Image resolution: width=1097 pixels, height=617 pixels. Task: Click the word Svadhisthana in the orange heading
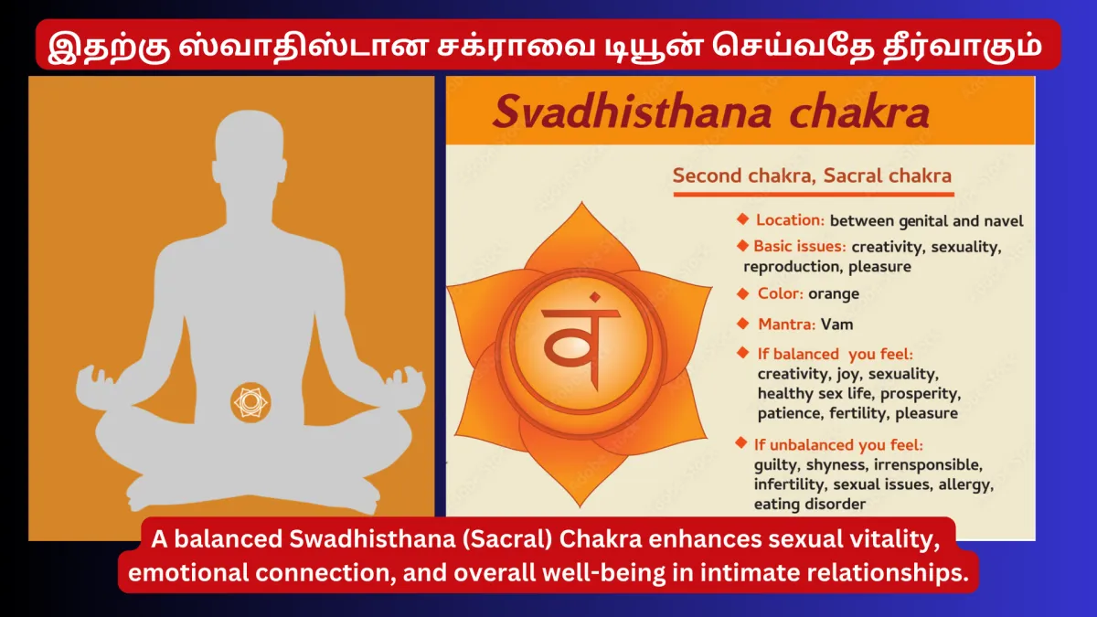tap(633, 112)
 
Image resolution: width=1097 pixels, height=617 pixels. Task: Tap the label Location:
tap(791, 220)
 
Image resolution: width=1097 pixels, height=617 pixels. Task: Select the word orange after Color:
tap(834, 293)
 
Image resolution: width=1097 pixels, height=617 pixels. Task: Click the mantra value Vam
tap(837, 324)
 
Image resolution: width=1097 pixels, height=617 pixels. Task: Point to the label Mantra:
tap(786, 324)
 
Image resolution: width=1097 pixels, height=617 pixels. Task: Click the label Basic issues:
tap(800, 246)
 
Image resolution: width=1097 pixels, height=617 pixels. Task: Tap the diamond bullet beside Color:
tap(743, 293)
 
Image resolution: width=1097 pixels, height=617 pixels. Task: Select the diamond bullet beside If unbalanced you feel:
tap(741, 443)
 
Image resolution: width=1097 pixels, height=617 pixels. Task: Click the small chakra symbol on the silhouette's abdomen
tap(250, 402)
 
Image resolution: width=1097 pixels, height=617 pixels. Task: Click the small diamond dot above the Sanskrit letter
tap(595, 297)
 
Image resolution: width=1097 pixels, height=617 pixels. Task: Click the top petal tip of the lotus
tap(581, 202)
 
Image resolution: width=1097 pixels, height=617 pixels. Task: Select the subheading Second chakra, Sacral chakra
tap(812, 176)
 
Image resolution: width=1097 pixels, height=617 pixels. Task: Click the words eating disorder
tap(810, 504)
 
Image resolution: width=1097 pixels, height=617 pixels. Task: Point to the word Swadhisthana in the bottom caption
tap(372, 539)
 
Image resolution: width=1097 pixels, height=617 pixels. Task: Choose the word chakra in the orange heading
tap(859, 112)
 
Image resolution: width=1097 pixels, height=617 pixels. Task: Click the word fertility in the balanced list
tap(858, 413)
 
